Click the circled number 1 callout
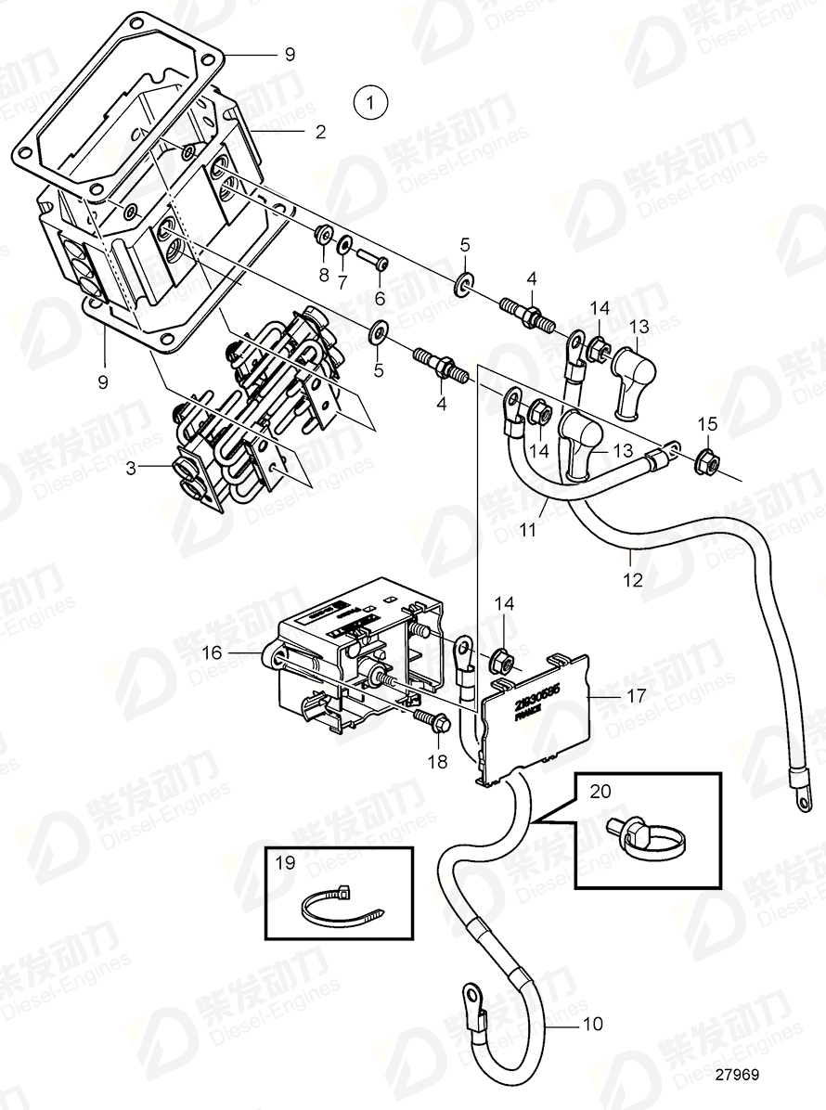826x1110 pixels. point(371,101)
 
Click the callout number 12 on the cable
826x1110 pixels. point(632,582)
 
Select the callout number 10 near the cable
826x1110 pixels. point(592,1024)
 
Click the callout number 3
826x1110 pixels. point(134,470)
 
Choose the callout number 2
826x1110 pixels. point(319,132)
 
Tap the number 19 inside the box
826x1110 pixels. point(285,862)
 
